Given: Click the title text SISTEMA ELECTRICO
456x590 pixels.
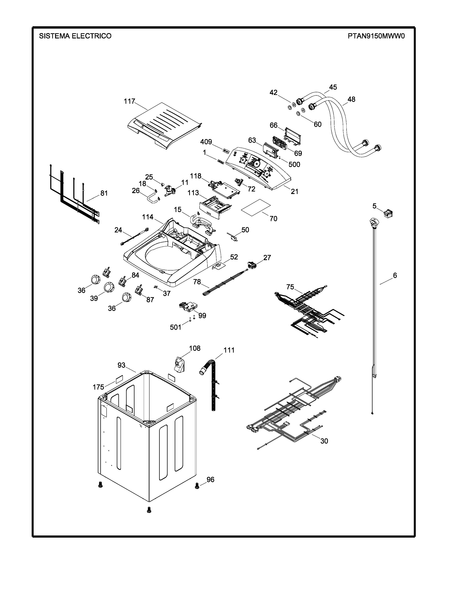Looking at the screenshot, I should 75,36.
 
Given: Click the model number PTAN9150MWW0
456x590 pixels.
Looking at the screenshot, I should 376,36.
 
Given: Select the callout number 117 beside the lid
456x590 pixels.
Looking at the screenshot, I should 129,101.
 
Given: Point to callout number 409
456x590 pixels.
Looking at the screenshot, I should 206,142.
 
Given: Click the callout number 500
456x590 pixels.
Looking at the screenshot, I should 294,164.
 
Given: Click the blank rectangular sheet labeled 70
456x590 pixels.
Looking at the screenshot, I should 256,207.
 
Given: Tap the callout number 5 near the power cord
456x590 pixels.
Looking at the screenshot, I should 374,206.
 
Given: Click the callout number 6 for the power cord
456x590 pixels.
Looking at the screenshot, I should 395,275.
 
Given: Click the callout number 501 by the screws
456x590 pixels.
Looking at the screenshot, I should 176,327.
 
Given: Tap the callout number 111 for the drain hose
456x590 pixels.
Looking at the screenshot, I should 229,350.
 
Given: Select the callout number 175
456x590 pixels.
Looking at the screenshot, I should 98,387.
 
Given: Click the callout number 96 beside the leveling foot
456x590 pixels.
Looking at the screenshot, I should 210,480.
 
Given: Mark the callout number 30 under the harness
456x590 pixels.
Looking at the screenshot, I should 324,441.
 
